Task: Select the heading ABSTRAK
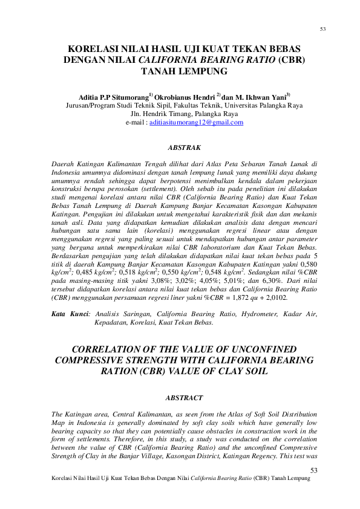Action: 180,147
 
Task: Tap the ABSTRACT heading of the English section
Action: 180,397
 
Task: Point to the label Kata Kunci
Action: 69,314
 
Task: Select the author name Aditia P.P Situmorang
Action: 113,96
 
